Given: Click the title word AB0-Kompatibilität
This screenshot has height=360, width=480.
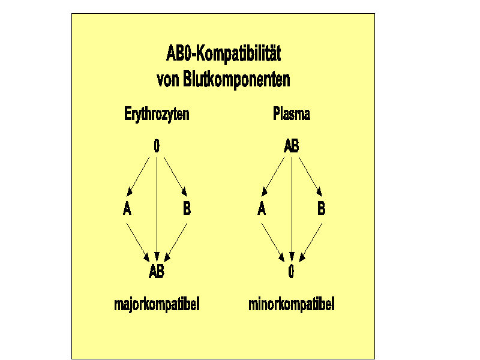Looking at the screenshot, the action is click(x=223, y=53).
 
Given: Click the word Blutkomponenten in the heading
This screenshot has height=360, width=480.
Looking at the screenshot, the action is click(x=236, y=80).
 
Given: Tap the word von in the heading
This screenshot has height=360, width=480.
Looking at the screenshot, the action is click(x=168, y=81).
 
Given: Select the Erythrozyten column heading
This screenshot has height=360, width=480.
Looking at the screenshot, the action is click(x=157, y=114).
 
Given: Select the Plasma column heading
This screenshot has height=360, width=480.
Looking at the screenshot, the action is click(x=292, y=113).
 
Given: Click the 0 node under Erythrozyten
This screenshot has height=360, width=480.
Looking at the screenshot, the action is click(x=157, y=146).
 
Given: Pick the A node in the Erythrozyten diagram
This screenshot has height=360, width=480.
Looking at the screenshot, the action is click(x=127, y=208).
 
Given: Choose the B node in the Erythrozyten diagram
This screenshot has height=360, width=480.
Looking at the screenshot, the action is click(x=187, y=208).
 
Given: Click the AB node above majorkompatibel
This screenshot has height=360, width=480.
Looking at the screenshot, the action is click(x=157, y=271).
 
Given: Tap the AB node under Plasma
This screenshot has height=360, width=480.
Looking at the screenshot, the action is click(x=292, y=146).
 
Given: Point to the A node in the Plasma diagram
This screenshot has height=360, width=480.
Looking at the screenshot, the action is click(x=262, y=208).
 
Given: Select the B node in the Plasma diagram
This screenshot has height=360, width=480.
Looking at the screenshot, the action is click(x=322, y=208).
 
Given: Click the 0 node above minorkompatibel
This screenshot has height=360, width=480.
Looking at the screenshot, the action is click(x=291, y=271).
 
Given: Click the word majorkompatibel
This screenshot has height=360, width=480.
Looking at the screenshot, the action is click(x=157, y=305).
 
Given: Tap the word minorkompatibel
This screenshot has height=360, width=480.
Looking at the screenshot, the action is click(x=292, y=305).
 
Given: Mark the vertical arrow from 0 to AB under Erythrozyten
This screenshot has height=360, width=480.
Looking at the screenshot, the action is click(x=157, y=209).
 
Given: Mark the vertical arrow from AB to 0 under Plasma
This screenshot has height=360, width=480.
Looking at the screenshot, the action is click(x=292, y=209).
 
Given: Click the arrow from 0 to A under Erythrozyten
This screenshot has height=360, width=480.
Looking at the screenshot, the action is click(x=138, y=176).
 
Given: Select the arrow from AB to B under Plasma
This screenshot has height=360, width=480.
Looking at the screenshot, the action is click(x=310, y=176).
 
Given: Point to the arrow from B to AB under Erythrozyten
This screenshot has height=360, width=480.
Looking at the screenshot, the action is click(x=176, y=242).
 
